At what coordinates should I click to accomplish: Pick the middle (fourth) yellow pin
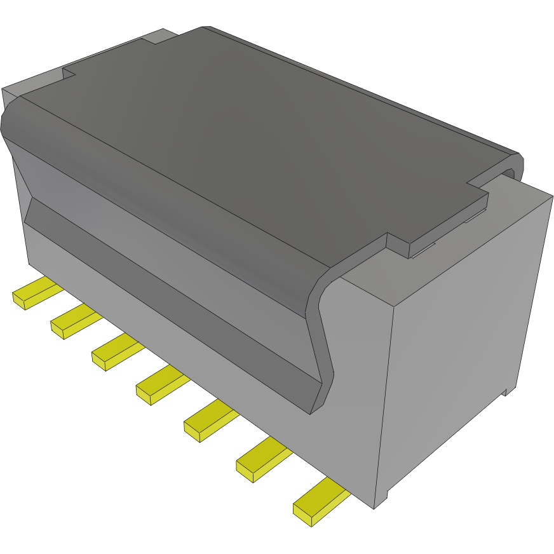161,386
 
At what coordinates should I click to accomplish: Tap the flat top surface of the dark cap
254,140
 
